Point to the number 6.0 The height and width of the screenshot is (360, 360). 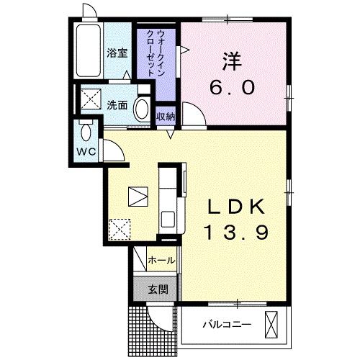233,88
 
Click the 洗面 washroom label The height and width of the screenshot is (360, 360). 117,104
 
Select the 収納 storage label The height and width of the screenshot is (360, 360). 165,117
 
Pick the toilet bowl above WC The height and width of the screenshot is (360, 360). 86,134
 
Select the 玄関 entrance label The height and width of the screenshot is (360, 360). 158,290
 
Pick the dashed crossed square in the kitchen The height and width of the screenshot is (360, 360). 119,230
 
